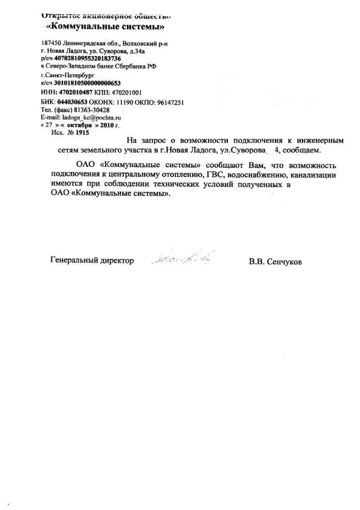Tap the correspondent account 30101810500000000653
click(84, 83)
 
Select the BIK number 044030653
click(72, 102)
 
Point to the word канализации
click(313, 176)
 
